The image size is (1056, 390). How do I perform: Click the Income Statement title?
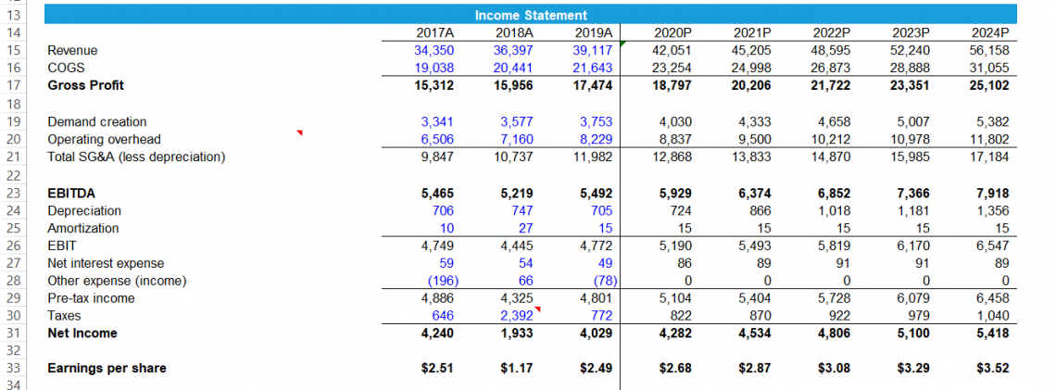click(x=531, y=15)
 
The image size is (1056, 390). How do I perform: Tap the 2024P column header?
click(x=987, y=32)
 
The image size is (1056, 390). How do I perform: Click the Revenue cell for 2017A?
click(x=430, y=50)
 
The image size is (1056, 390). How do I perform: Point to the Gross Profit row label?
click(x=85, y=85)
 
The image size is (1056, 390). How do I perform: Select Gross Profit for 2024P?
click(x=987, y=85)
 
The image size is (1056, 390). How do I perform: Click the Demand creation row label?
click(x=96, y=121)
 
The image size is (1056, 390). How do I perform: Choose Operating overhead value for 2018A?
click(x=513, y=139)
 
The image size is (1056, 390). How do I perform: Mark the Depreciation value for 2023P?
click(x=912, y=210)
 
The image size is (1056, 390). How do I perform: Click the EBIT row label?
click(x=62, y=245)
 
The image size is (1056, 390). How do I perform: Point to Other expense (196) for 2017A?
click(x=431, y=281)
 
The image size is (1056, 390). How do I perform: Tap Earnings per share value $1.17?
click(x=515, y=368)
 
